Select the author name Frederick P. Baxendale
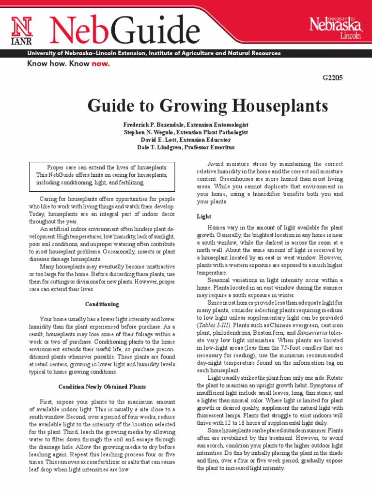tap(154, 125)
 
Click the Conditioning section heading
tap(102, 304)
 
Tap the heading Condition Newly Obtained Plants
tap(102, 387)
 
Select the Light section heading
tap(203, 216)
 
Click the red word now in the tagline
tap(98, 63)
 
